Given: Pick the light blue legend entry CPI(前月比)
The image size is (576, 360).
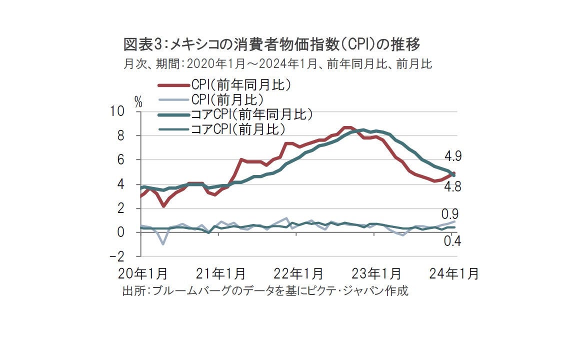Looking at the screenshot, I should coord(227,99).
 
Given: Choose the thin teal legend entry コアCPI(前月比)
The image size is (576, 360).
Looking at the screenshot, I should coord(238,129).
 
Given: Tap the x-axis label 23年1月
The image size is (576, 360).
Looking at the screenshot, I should coord(377,274).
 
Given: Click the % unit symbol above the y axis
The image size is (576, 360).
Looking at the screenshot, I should coord(138,102).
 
